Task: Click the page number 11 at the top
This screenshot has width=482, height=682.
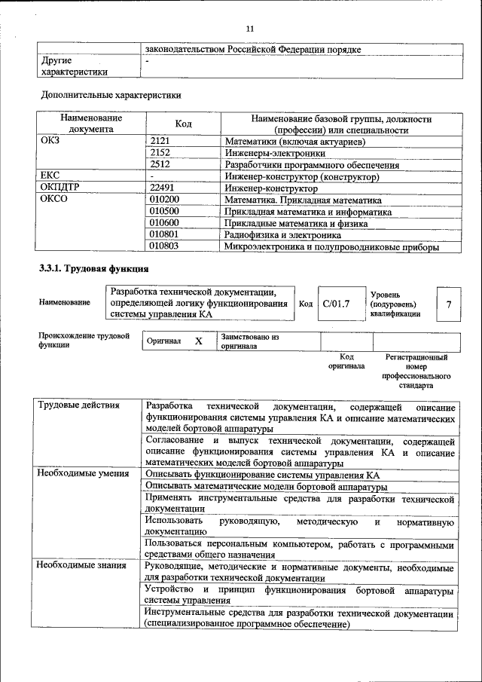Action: click(250, 28)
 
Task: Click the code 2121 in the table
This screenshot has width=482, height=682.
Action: click(160, 141)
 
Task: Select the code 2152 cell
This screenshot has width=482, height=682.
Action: click(160, 153)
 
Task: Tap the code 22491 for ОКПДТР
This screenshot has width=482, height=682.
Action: click(163, 188)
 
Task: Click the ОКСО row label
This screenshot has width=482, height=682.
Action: click(53, 200)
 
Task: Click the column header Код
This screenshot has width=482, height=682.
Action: click(183, 124)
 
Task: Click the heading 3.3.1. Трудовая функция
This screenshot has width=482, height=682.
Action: click(93, 269)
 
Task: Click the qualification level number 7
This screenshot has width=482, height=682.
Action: click(448, 304)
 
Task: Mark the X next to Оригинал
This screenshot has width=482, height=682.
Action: click(199, 341)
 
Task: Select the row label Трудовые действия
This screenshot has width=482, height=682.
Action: click(79, 405)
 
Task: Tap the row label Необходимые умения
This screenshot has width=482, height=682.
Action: click(83, 474)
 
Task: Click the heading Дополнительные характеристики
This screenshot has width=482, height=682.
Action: click(110, 96)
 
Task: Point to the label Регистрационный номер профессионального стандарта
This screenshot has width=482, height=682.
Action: click(416, 371)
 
